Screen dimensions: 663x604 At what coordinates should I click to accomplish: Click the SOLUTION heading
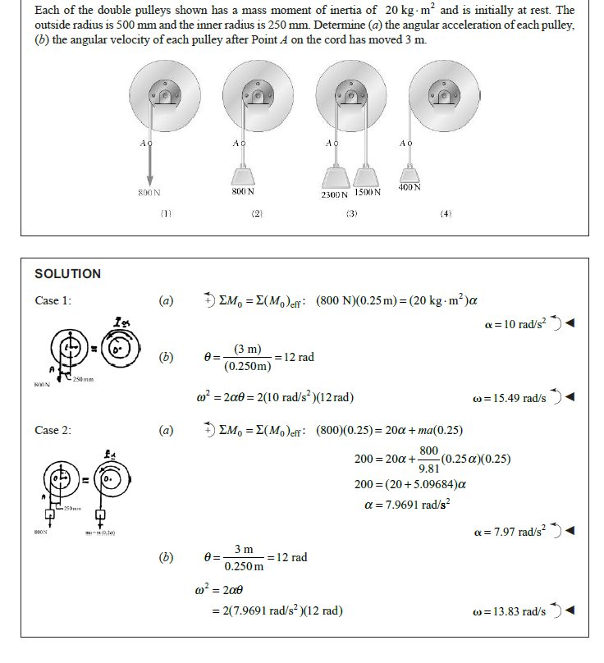[x=68, y=274]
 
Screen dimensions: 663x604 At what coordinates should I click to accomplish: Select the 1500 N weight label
[x=367, y=193]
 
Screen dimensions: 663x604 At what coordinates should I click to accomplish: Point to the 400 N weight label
[x=410, y=188]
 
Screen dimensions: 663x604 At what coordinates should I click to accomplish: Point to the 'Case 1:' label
[x=53, y=300]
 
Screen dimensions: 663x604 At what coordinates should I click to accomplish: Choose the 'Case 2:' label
[x=53, y=430]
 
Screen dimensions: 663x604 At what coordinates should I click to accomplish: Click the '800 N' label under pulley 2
[x=243, y=191]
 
